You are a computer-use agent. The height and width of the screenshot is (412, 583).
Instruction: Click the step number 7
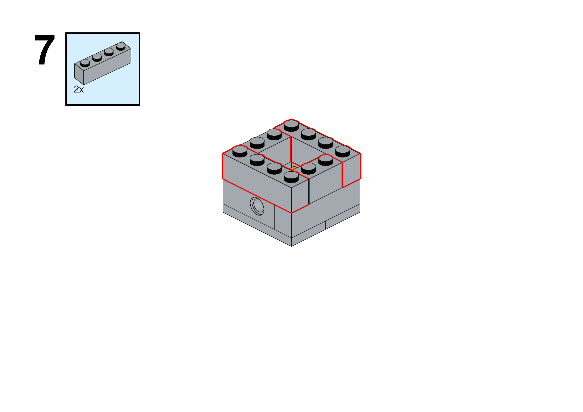click(45, 50)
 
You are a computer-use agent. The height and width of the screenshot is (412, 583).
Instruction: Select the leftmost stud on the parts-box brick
click(85, 63)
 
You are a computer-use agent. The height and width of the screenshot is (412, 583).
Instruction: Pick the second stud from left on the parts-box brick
click(97, 57)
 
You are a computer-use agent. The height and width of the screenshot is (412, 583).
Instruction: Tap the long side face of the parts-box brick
click(107, 67)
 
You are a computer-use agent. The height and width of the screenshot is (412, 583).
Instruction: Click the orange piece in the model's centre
click(293, 168)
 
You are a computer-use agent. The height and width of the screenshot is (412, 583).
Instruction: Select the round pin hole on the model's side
click(257, 206)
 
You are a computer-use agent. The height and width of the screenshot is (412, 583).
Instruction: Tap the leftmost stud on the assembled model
click(240, 151)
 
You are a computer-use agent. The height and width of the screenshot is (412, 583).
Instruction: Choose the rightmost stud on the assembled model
click(343, 151)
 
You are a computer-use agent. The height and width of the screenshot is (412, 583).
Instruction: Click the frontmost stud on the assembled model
click(291, 177)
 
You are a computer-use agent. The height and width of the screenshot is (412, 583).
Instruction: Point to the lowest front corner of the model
click(291, 246)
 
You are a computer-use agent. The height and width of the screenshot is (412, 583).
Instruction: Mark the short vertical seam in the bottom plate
click(326, 225)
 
